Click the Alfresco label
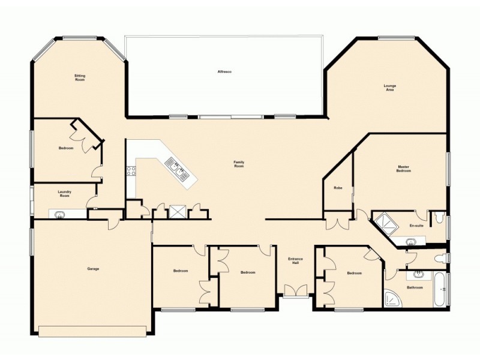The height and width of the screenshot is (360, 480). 224,72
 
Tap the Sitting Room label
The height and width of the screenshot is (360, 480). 79,77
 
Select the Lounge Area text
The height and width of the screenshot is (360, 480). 390,87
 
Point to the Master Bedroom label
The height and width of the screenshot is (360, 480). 403,169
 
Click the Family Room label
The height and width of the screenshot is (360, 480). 239,164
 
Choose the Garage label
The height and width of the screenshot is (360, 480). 93,269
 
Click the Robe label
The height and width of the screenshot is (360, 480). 338,188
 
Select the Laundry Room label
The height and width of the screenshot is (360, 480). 64,194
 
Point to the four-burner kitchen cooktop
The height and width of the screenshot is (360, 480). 130,170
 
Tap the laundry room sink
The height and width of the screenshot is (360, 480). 60,214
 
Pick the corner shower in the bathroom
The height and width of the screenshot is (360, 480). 394,298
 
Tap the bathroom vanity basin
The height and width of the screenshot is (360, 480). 419,274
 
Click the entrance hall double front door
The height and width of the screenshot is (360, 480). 295,292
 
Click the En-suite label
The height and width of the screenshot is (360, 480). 416,226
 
